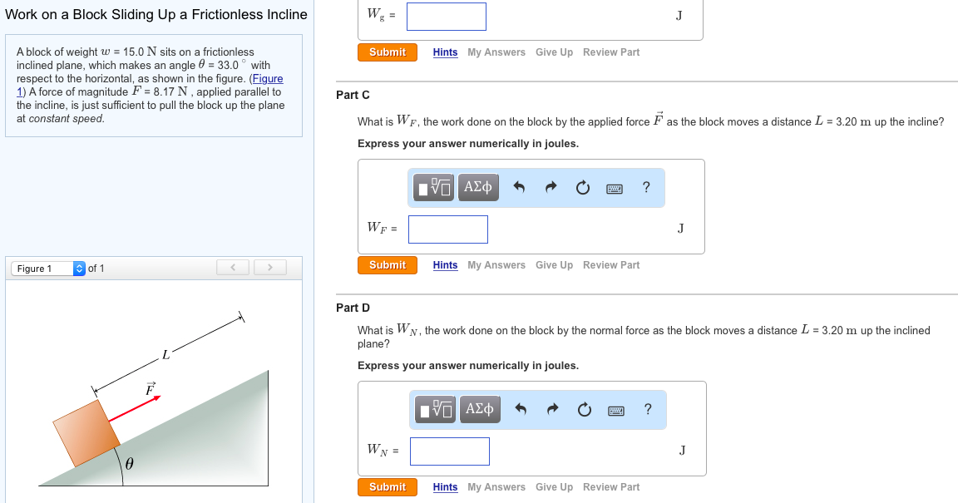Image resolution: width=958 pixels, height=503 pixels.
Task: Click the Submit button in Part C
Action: [x=387, y=265]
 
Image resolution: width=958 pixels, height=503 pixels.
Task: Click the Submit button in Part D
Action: [x=387, y=487]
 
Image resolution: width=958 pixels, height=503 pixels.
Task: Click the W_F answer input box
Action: [x=447, y=229]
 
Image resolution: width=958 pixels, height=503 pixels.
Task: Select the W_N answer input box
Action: [x=449, y=451]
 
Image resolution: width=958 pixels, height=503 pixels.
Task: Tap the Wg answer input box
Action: [x=446, y=16]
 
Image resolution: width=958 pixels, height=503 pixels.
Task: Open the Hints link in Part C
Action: [x=445, y=265]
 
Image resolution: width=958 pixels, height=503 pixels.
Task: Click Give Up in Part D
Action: [x=554, y=487]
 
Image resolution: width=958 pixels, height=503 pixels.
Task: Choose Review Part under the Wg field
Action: [x=611, y=52]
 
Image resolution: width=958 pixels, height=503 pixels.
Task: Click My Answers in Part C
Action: [x=496, y=265]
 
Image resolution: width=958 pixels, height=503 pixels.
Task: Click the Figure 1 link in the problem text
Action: [x=267, y=79]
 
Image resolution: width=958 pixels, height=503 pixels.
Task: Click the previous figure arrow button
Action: [x=233, y=268]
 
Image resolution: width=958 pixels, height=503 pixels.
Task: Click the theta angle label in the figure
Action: [x=129, y=464]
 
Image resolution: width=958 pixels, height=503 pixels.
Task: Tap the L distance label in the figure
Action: [x=166, y=356]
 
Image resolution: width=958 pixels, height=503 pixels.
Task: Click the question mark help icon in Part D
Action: [x=648, y=409]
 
